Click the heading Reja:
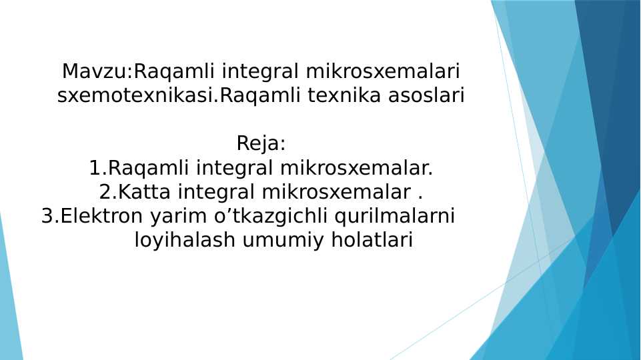261,143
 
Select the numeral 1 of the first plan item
94,168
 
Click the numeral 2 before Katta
105,192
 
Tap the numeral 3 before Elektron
47,217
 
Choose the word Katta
145,192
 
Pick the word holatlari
364,241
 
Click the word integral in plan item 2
217,192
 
